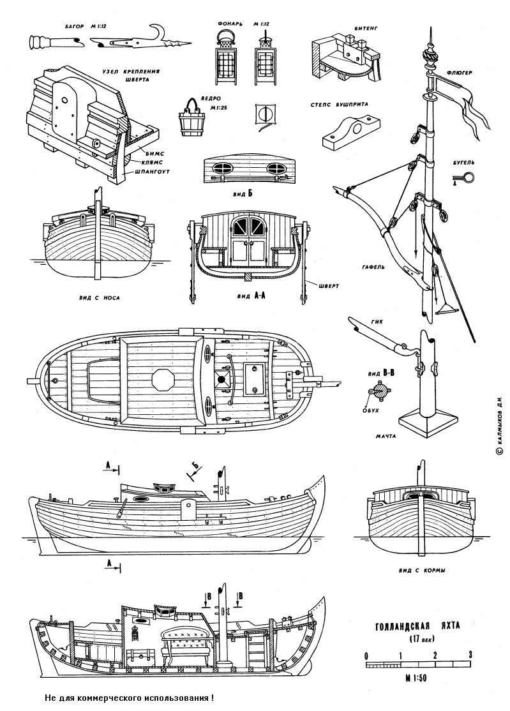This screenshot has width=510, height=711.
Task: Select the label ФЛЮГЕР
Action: pos(460,73)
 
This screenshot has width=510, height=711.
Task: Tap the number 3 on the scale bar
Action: pos(470,655)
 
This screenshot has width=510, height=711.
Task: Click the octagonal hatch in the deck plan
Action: pos(163,378)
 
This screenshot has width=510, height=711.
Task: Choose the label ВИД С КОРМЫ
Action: pos(421,570)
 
